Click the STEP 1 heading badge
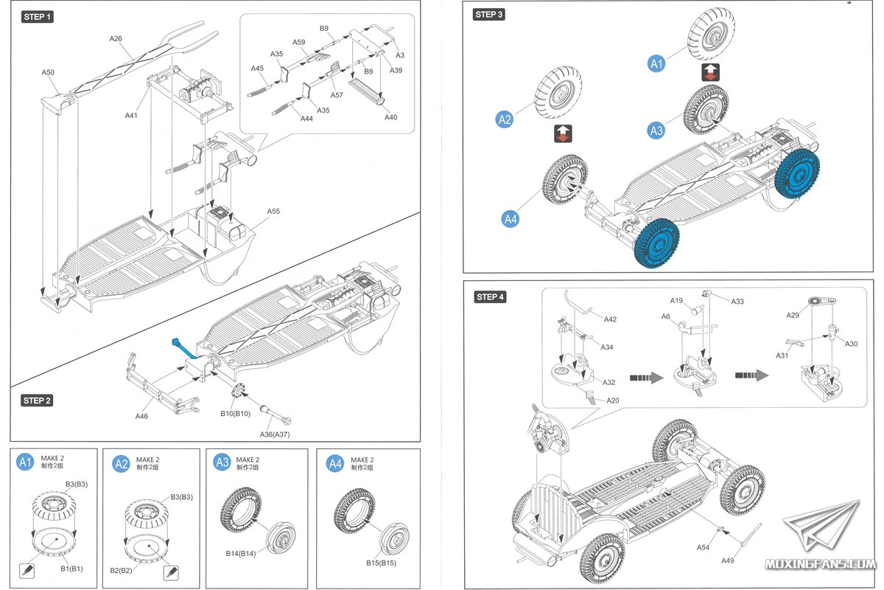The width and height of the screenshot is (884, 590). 38,16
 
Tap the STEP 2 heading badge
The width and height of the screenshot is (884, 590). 37,400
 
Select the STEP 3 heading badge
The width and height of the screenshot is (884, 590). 490,15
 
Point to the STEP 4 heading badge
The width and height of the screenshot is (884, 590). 491,297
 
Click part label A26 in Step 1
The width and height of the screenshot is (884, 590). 116,38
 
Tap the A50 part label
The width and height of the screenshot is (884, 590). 48,73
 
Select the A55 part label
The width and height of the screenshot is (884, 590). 273,212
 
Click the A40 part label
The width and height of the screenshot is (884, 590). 390,117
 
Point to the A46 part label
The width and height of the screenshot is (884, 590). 142,416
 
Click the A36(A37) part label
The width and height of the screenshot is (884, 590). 275,434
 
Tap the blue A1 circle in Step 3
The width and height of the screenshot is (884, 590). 656,64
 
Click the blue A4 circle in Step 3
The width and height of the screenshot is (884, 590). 511,218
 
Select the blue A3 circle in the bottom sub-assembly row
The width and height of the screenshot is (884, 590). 222,463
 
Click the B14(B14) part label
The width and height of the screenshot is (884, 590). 240,552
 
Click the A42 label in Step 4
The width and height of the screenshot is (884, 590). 610,319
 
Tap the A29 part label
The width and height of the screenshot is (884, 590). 793,315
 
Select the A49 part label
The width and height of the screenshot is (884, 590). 728,560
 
